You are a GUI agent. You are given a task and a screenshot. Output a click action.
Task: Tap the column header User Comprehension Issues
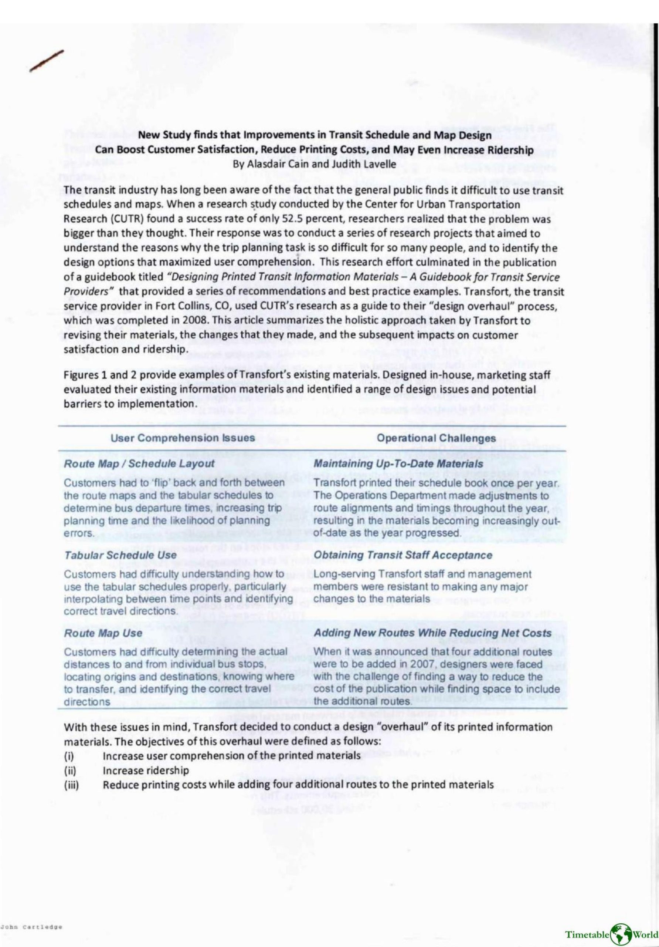pyautogui.click(x=183, y=438)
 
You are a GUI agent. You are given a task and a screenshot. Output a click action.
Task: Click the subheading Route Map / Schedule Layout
pyautogui.click(x=139, y=464)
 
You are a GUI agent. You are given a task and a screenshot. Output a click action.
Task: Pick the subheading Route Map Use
pyautogui.click(x=103, y=633)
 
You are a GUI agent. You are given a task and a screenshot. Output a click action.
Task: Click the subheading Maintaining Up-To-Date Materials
pyautogui.click(x=398, y=464)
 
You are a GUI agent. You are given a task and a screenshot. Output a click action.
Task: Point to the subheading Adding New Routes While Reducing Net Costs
pyautogui.click(x=432, y=633)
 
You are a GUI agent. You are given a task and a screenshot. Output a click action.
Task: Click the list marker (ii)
pyautogui.click(x=71, y=771)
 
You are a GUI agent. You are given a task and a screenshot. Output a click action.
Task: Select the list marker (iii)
pyautogui.click(x=72, y=785)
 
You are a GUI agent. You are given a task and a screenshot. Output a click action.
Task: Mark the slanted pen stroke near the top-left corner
pyautogui.click(x=46, y=61)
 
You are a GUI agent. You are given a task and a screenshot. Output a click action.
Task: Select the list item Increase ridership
pyautogui.click(x=146, y=771)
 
